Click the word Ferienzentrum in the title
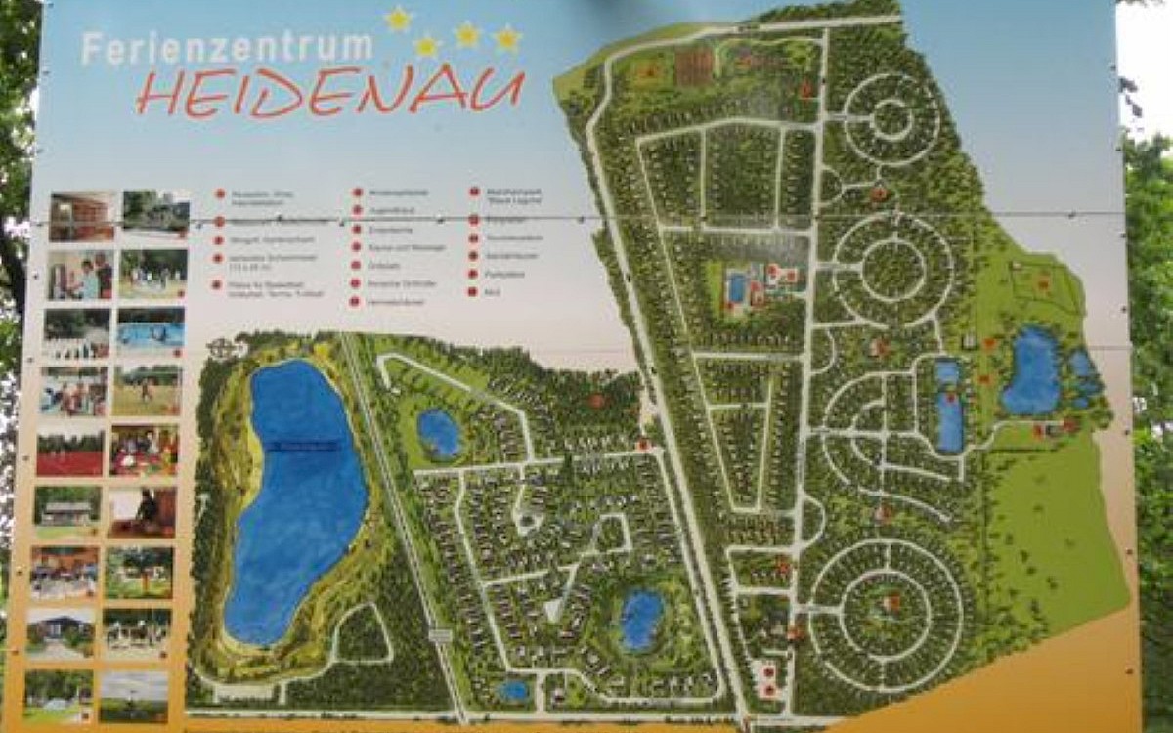click(227, 47)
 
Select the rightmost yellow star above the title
click(506, 38)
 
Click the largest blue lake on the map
click(293, 498)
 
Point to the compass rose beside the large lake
click(222, 348)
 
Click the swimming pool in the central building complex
click(737, 287)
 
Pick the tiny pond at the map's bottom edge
click(513, 691)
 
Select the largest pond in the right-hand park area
click(1030, 372)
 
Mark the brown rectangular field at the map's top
click(694, 66)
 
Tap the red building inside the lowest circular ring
click(891, 603)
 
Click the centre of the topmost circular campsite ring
click(891, 119)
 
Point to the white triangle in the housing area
click(554, 609)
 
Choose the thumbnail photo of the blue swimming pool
click(151, 330)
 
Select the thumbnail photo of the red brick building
click(82, 215)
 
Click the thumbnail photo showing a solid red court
click(69, 452)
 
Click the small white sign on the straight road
click(440, 634)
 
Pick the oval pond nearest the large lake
click(439, 433)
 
